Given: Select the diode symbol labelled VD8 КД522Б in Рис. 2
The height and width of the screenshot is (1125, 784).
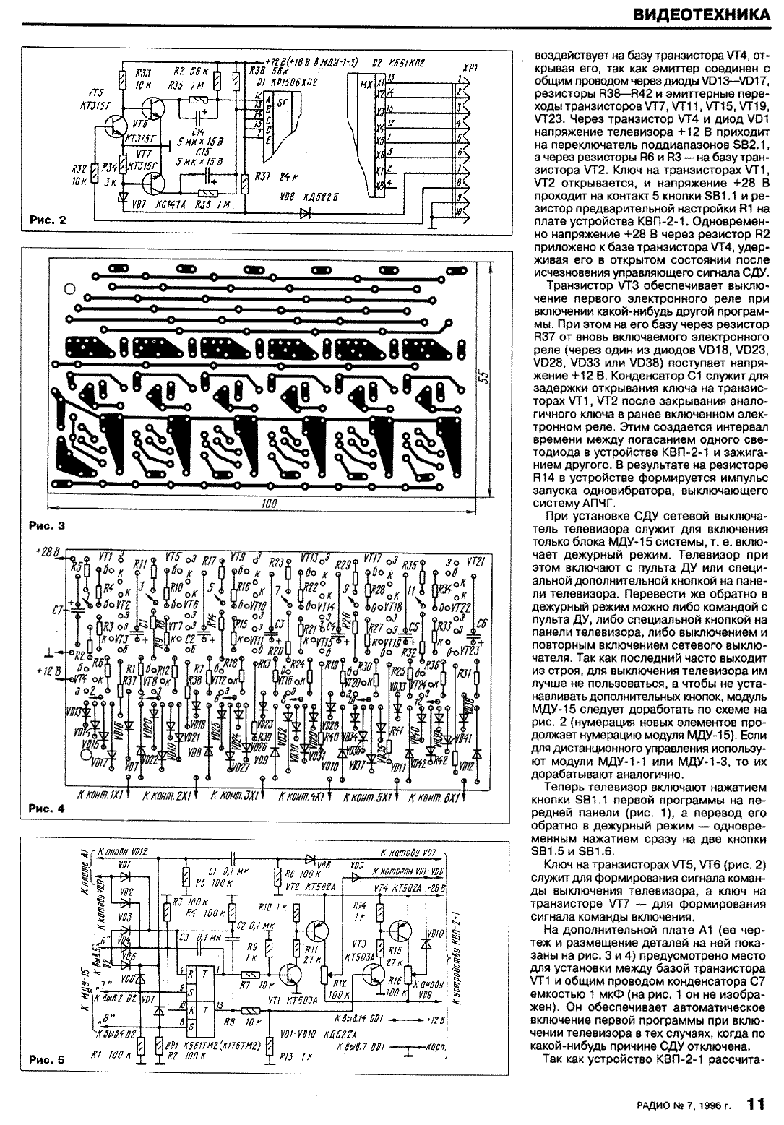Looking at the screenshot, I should (x=304, y=212).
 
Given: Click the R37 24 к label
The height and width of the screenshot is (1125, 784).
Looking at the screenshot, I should (x=277, y=177).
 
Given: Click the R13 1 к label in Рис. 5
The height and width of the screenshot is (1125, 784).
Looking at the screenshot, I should (x=289, y=1057).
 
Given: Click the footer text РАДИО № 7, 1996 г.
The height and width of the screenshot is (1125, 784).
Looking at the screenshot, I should (x=685, y=1105).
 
